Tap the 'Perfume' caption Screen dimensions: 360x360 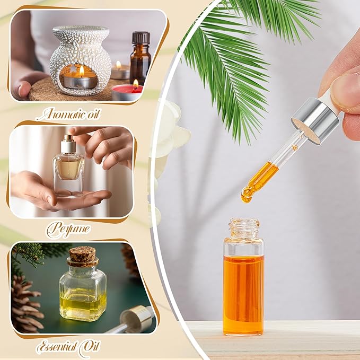click(x=67, y=229)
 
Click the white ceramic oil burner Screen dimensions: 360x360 click(x=81, y=59)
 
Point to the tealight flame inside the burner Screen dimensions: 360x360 click(x=81, y=71)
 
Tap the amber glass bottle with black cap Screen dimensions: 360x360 click(x=140, y=64)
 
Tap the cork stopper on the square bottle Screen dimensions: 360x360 click(x=82, y=256)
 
